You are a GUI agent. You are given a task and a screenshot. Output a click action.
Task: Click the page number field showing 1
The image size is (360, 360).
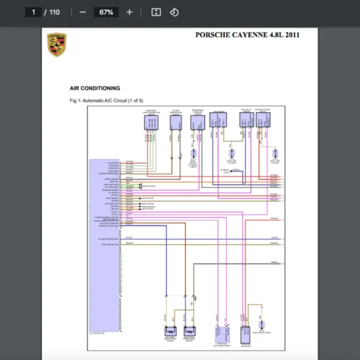click(34, 12)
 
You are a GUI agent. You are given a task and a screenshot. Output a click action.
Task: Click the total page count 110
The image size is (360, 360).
click(54, 12)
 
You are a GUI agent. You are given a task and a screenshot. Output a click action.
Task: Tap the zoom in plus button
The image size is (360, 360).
click(129, 12)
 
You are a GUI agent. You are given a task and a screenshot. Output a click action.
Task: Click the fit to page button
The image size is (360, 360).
click(156, 12)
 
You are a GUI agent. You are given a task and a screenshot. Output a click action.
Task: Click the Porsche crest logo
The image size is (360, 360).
click(56, 45)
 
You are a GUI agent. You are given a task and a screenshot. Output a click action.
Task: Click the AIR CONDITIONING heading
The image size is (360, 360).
click(95, 88)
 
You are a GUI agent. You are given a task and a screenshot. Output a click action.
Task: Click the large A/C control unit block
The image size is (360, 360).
click(104, 246)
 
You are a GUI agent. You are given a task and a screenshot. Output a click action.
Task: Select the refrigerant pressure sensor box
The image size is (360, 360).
click(197, 122)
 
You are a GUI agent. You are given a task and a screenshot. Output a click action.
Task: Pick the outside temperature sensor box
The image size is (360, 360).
click(176, 122)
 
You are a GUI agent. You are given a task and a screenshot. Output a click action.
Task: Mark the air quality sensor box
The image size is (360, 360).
click(245, 120)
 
